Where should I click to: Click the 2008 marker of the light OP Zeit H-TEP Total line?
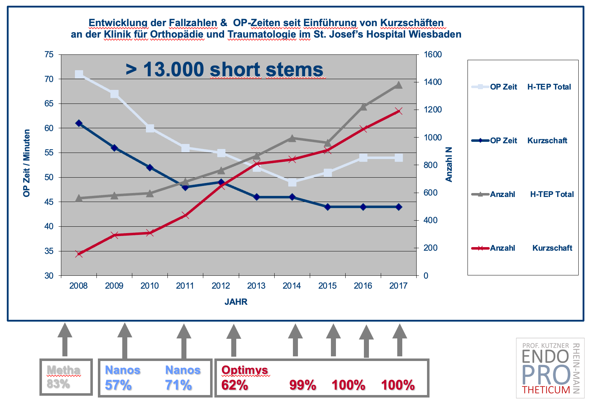[x=79, y=74]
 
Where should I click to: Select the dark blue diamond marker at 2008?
[x=79, y=123]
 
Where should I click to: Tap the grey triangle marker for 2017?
[x=398, y=85]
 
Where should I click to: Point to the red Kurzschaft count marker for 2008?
[x=79, y=254]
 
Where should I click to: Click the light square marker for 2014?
[x=292, y=182]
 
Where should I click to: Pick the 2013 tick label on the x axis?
[x=256, y=286]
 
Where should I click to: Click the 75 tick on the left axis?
[x=49, y=54]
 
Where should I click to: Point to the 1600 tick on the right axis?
[x=433, y=54]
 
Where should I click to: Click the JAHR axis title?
[x=236, y=302]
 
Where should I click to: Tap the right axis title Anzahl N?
[x=449, y=164]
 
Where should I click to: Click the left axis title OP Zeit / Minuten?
[x=27, y=163]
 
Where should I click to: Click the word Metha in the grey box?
[x=63, y=370]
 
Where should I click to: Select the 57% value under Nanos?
[x=118, y=385]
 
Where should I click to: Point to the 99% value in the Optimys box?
[x=303, y=385]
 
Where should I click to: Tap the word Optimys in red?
[x=245, y=370]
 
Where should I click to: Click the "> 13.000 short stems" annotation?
[x=224, y=69]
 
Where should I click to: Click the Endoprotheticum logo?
[x=550, y=368]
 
